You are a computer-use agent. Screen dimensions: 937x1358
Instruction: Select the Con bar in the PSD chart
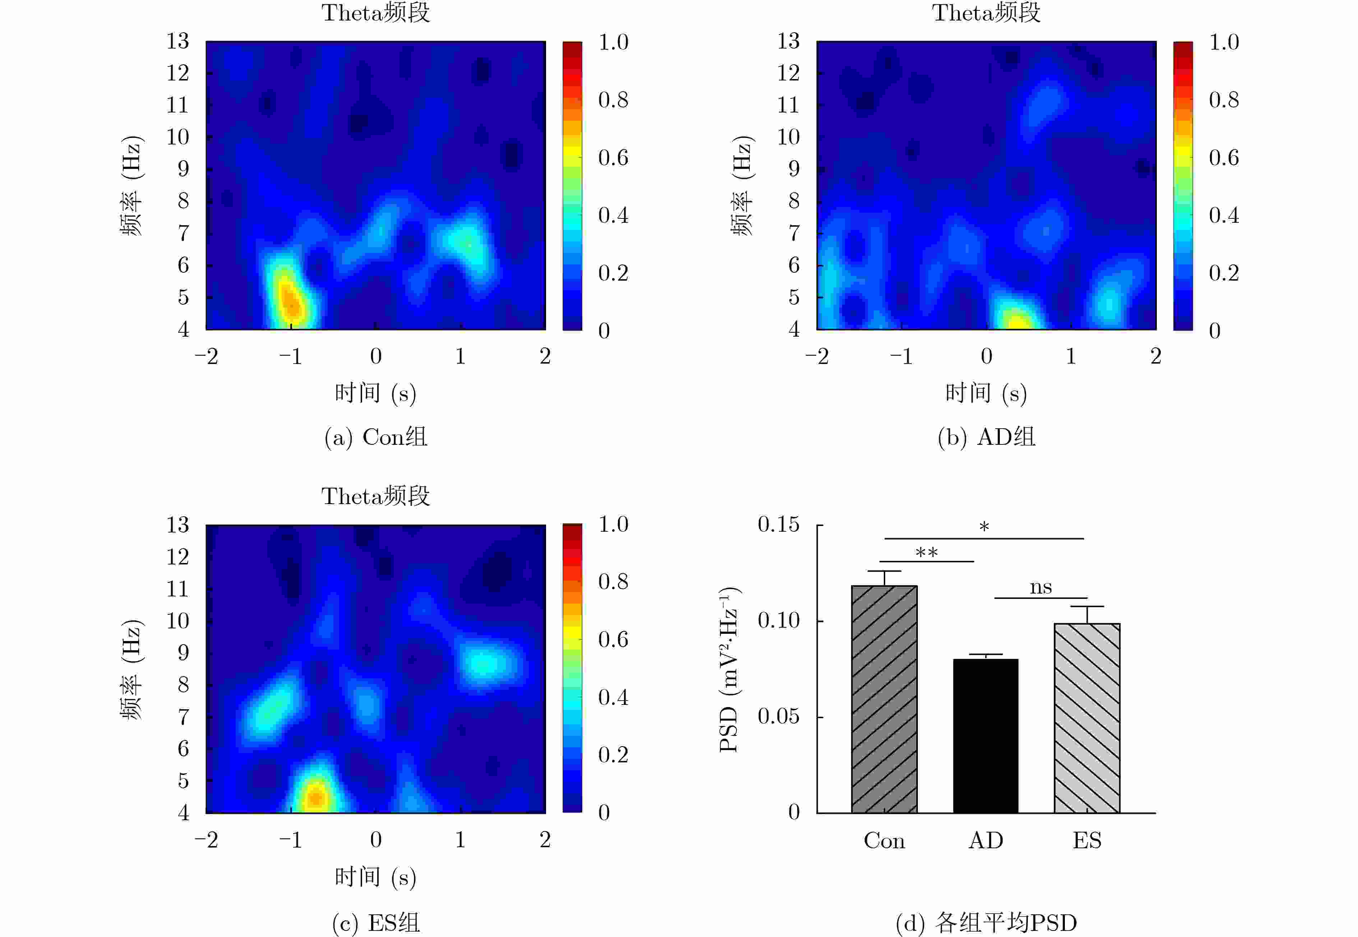884,699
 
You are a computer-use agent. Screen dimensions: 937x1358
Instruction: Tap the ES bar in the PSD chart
1087,717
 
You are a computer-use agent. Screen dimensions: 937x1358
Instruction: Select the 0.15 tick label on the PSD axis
778,524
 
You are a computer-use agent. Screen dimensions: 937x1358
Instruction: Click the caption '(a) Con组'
376,437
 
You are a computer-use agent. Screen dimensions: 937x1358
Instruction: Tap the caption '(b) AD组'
987,437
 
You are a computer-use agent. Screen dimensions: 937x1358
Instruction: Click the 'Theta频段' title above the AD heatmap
987,13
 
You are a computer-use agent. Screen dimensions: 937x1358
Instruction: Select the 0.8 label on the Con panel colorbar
613,100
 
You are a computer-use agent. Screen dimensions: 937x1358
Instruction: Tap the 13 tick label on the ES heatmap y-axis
177,524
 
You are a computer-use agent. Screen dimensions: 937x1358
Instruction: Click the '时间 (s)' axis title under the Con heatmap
376,393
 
